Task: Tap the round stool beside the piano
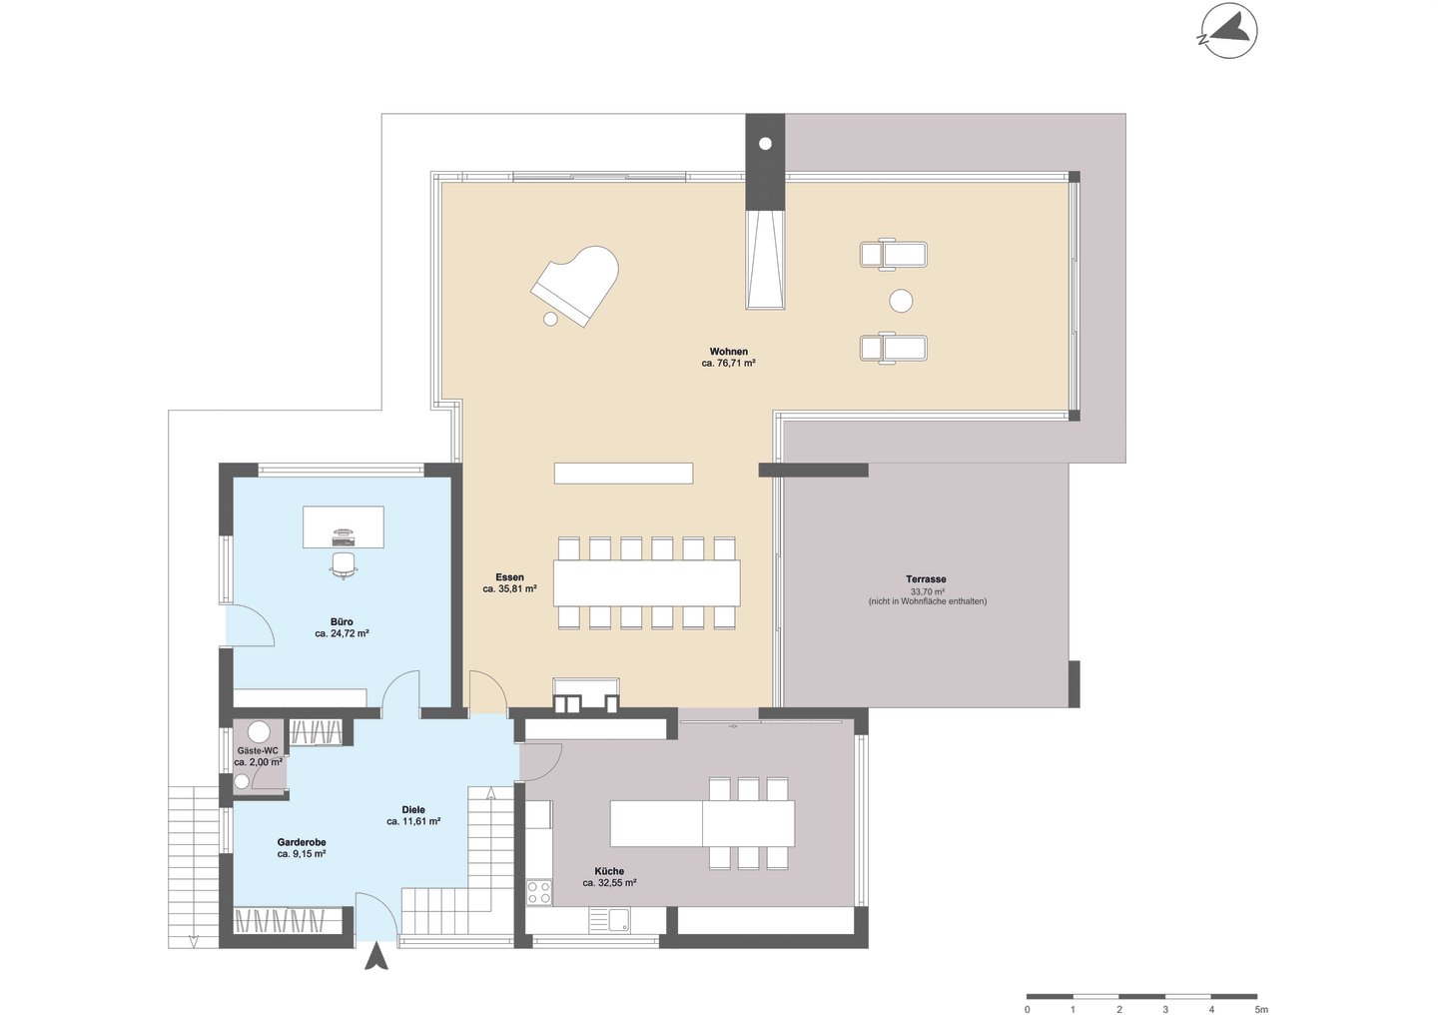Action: [x=550, y=319]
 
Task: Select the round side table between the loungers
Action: [x=902, y=301]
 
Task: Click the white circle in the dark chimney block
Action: [x=765, y=144]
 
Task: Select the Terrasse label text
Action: [x=927, y=579]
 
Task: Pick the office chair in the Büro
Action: [x=344, y=565]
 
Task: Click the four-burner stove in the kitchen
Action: [x=538, y=892]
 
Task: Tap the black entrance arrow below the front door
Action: [x=376, y=956]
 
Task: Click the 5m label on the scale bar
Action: [x=1261, y=1009]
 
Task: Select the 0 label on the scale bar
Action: [x=1028, y=1009]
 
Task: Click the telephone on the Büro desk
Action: [x=343, y=531]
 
